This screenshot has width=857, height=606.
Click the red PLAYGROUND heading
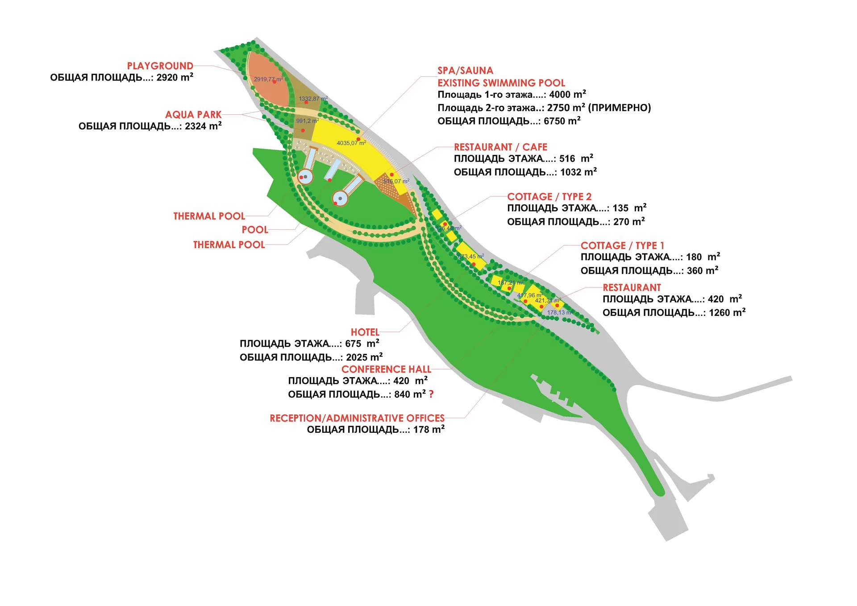click(160, 66)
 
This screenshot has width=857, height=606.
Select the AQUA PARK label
click(193, 115)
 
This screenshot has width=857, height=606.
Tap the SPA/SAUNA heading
click(465, 71)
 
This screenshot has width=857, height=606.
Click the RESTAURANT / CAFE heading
click(500, 147)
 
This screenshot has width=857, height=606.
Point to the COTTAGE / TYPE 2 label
click(549, 197)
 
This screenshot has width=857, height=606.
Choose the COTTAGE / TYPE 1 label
click(622, 246)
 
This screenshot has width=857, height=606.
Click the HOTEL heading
click(365, 332)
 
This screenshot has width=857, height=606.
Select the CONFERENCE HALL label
click(386, 369)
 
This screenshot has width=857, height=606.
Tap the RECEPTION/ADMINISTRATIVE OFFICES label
click(357, 419)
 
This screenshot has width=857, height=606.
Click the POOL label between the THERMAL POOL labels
click(255, 230)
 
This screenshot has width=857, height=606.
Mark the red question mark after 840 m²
click(431, 394)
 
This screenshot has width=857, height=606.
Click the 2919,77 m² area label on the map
click(268, 79)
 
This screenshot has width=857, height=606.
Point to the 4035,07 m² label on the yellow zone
click(351, 143)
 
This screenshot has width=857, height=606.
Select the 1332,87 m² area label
click(313, 99)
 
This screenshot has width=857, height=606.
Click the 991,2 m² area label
click(307, 121)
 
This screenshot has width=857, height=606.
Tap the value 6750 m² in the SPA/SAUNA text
click(562, 121)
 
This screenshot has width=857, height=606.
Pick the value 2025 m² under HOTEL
click(364, 357)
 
